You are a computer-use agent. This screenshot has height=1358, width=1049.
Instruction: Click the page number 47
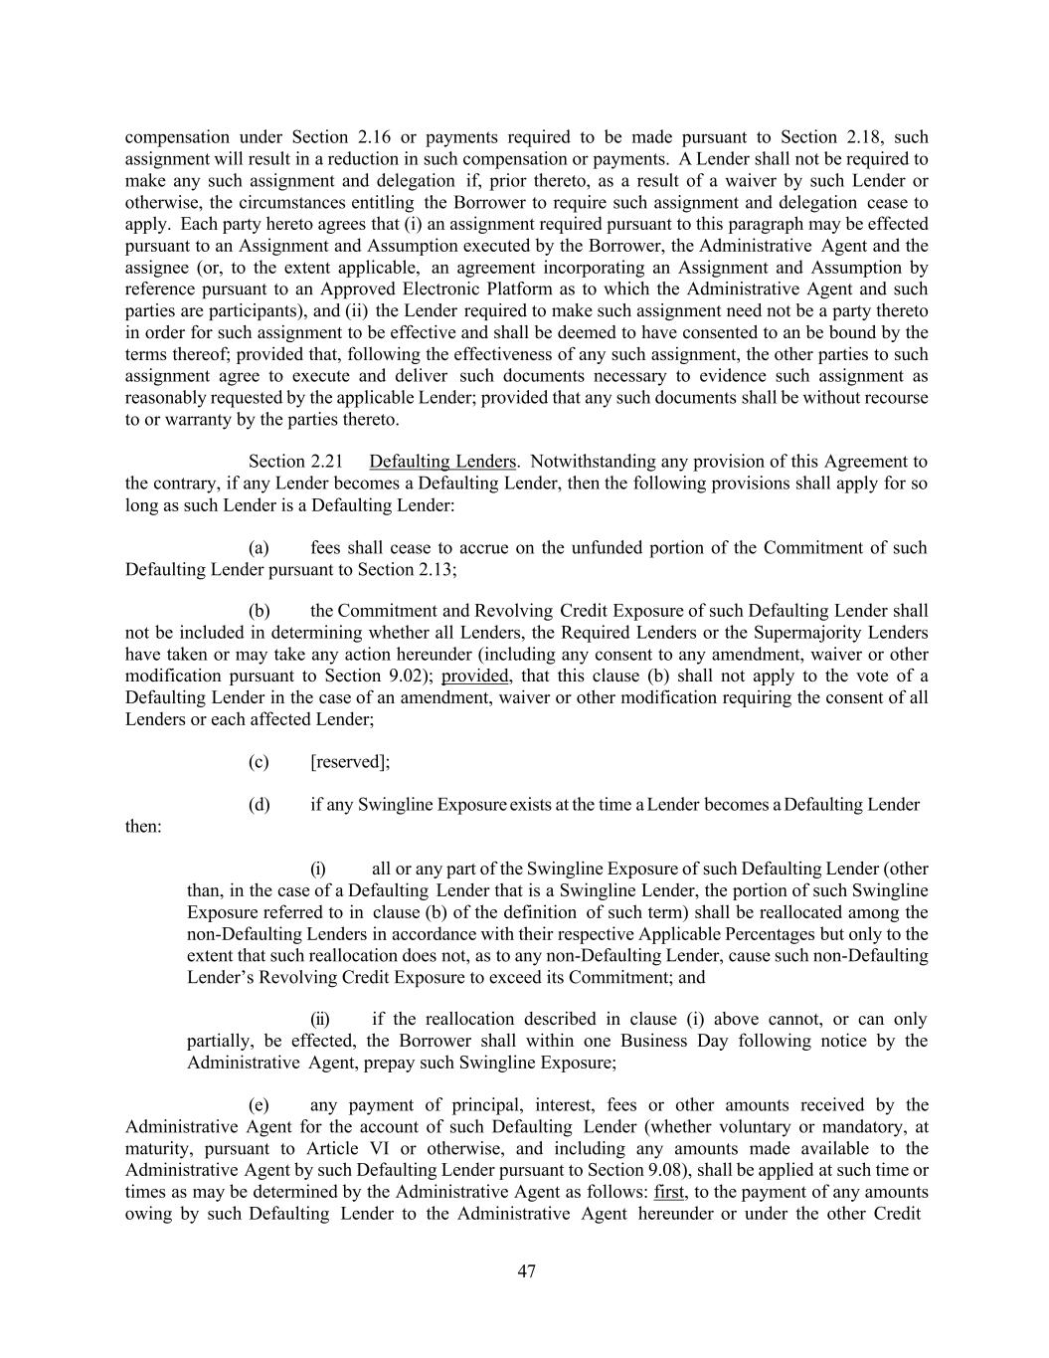[526, 1270]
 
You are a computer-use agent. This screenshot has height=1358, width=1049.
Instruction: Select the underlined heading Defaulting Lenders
[442, 462]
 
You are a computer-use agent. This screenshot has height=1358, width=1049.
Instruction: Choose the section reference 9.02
[409, 677]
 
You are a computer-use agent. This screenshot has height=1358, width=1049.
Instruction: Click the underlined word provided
[475, 677]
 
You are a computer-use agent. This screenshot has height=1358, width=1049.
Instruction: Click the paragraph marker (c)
[259, 762]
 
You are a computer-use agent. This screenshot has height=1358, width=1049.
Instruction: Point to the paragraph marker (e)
[259, 1105]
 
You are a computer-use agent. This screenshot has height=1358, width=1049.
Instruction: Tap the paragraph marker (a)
[259, 548]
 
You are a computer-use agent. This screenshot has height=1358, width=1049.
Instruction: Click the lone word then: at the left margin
[143, 827]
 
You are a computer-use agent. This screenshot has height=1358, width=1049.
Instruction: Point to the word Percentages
[814, 934]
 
